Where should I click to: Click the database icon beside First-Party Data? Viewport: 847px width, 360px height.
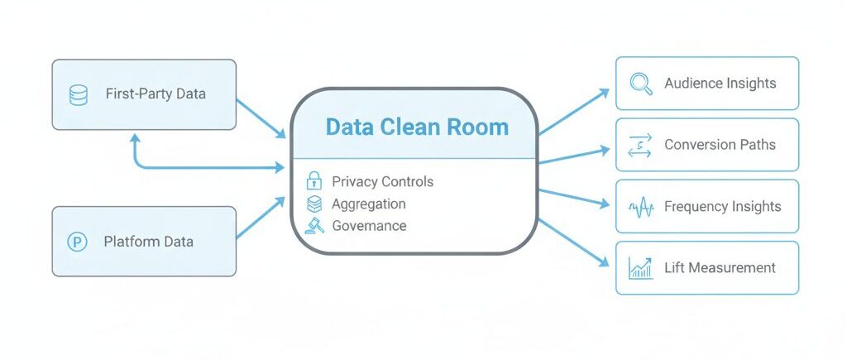tap(79, 94)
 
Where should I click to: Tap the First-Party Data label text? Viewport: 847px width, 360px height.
tap(156, 94)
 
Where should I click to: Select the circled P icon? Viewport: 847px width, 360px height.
tap(77, 242)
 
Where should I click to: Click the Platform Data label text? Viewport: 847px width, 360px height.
tap(148, 242)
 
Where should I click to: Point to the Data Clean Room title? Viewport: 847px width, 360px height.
tap(417, 127)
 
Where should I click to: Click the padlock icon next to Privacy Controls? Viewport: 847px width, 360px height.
tap(314, 181)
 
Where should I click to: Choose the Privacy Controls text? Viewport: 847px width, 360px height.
tap(382, 181)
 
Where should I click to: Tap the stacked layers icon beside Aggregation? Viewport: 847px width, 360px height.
tap(314, 204)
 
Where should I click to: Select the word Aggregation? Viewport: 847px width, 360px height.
tap(369, 204)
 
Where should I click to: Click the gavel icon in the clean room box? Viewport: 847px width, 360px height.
tap(314, 225)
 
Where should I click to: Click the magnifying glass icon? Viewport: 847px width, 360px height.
tap(640, 84)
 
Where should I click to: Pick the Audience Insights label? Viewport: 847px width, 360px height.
tap(720, 84)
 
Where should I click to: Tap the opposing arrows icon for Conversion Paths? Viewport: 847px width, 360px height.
tap(640, 145)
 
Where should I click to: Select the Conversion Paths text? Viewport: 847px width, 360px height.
tap(720, 145)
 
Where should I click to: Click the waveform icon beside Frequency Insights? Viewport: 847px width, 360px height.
tap(640, 207)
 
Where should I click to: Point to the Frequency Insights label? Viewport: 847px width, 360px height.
tap(722, 206)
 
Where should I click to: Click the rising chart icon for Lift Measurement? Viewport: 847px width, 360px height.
tap(640, 268)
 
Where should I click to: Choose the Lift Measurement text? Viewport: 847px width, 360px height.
tap(720, 268)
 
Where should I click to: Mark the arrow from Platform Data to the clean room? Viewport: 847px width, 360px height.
tap(261, 218)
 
